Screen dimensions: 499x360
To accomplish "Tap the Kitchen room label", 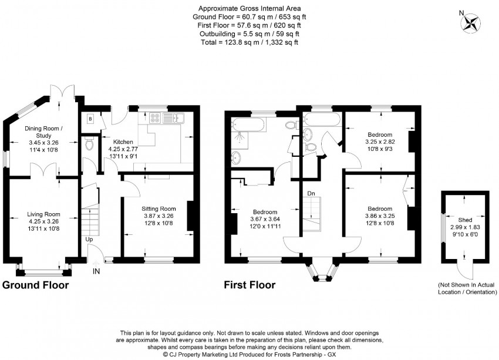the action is pyautogui.click(x=123, y=142).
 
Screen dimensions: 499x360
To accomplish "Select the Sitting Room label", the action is pyautogui.click(x=159, y=209).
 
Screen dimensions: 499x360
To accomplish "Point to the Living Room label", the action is pyautogui.click(x=43, y=214).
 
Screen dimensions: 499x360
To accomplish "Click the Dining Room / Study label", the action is pyautogui.click(x=43, y=132).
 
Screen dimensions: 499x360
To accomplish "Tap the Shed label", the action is pyautogui.click(x=465, y=220).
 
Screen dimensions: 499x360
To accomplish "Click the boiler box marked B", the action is pyautogui.click(x=90, y=119).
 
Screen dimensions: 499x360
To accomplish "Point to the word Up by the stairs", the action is pyautogui.click(x=89, y=239).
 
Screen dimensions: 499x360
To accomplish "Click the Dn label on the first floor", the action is pyautogui.click(x=311, y=193).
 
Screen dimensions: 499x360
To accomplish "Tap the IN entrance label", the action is pyautogui.click(x=96, y=271).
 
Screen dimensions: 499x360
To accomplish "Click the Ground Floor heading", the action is pyautogui.click(x=35, y=285).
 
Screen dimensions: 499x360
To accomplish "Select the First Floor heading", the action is pyautogui.click(x=249, y=285).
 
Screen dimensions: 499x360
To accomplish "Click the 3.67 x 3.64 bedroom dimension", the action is pyautogui.click(x=265, y=219).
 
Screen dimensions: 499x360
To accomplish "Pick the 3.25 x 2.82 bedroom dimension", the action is pyautogui.click(x=380, y=142).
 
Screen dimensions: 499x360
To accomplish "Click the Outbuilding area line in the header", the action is pyautogui.click(x=249, y=33).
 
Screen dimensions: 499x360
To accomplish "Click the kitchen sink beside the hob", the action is pyautogui.click(x=173, y=118).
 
